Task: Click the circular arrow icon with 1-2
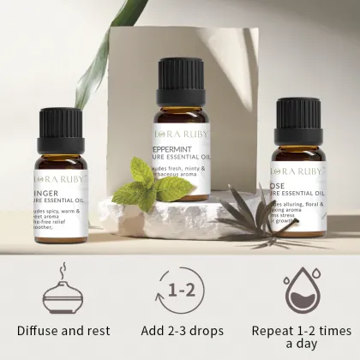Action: coord(179,291)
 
